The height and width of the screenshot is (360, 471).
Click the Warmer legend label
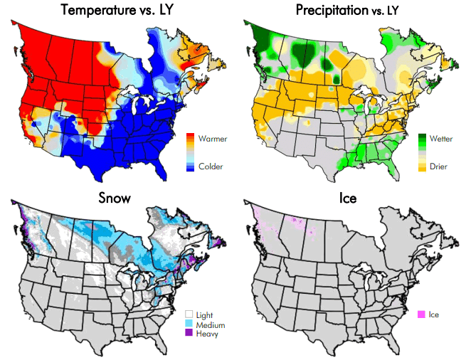(x=213, y=139)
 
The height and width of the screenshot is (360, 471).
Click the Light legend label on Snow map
(x=204, y=314)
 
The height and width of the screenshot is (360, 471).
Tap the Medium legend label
(x=209, y=324)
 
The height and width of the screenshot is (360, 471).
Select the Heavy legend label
(x=206, y=333)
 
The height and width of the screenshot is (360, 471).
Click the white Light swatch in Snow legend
(x=190, y=314)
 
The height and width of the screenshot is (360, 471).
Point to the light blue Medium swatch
(x=190, y=324)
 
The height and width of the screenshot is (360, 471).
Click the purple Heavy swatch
(x=190, y=333)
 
